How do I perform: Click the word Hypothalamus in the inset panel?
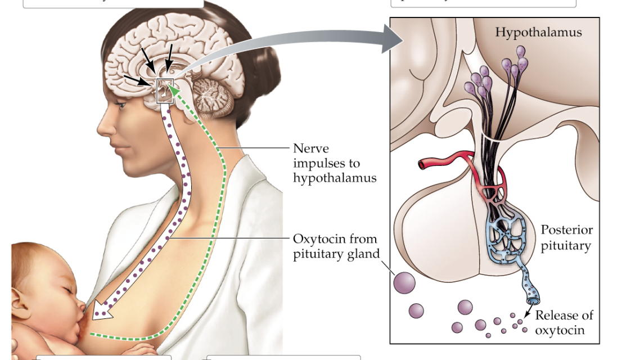(x=538, y=32)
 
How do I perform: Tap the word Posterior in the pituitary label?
(x=566, y=230)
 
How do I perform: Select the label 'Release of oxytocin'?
(x=564, y=322)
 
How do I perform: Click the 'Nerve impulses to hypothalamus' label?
(x=334, y=163)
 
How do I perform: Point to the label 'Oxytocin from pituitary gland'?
(x=335, y=246)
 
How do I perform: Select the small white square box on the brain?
(x=164, y=91)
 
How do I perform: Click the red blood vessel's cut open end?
(x=422, y=164)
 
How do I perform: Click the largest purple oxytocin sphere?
(x=404, y=282)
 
